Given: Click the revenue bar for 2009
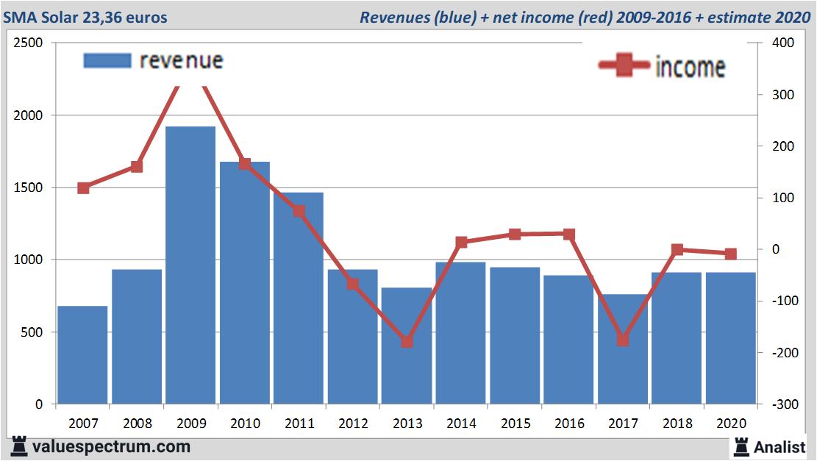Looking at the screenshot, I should (x=190, y=265).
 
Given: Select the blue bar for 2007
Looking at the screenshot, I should (x=82, y=355).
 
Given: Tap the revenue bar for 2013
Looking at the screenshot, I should (x=407, y=346).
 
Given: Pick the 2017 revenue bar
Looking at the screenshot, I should (x=623, y=349).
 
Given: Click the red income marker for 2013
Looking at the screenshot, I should (x=407, y=342).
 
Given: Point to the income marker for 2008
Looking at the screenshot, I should (x=137, y=167).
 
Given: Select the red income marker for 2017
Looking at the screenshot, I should (x=623, y=340).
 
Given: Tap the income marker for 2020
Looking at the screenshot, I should (x=730, y=254).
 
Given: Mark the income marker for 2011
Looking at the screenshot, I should (x=299, y=211).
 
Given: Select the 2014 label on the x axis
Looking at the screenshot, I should (x=461, y=424).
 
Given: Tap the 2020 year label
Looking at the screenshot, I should (x=731, y=424).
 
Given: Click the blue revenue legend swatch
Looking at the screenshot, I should (x=107, y=61).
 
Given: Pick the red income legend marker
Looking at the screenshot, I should (x=624, y=66).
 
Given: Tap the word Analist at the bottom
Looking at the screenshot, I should (x=779, y=446).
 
